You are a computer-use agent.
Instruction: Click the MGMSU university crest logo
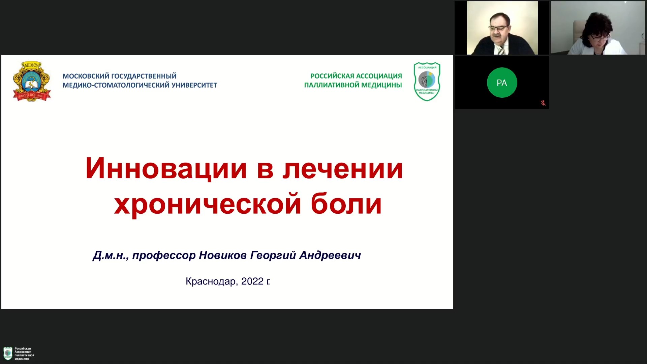32,81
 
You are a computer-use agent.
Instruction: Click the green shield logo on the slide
427,82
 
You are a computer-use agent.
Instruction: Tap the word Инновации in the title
166,168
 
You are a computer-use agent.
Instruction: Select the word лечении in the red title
343,169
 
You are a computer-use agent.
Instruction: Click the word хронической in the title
208,204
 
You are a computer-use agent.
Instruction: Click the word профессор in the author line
164,255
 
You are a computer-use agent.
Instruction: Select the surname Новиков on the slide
223,255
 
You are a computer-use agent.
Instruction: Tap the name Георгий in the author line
273,255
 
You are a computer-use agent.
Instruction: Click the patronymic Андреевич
330,255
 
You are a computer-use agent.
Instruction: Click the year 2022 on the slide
252,281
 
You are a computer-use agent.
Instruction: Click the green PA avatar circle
502,83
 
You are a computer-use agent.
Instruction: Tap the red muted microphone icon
543,103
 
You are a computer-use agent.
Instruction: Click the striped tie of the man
501,50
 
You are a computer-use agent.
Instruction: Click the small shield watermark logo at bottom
7,353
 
